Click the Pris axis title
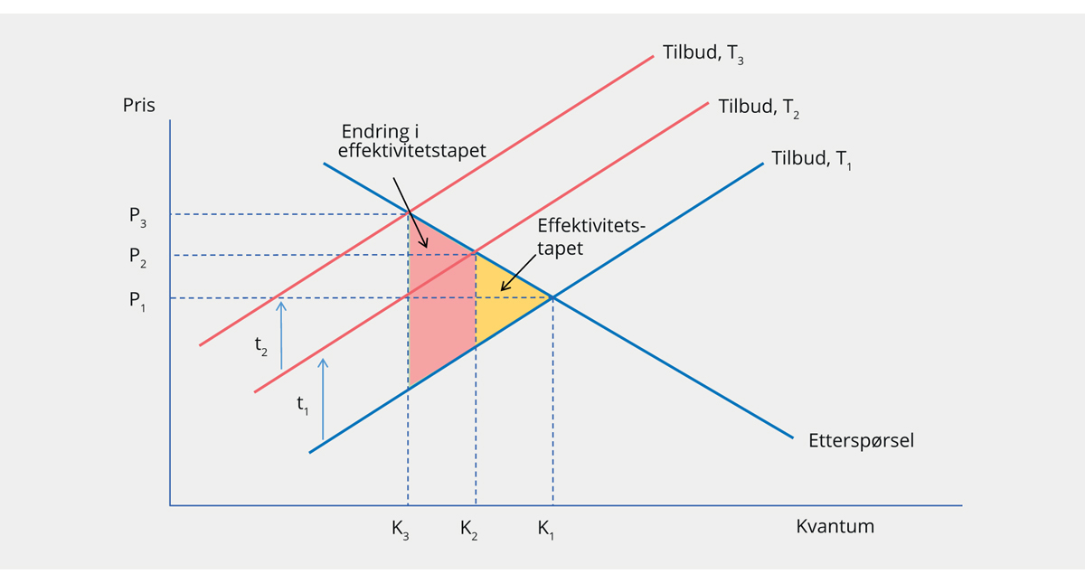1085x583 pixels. point(139,105)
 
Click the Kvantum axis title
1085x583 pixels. point(835,526)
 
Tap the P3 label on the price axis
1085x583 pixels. point(137,216)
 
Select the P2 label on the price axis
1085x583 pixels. point(137,257)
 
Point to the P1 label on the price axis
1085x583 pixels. point(137,299)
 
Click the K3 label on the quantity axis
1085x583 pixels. point(401,530)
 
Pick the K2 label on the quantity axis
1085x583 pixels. point(468,530)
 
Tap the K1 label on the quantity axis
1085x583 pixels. point(545,530)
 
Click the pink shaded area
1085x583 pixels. point(441,307)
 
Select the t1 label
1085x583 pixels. point(303,405)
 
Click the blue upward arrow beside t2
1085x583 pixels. point(281,334)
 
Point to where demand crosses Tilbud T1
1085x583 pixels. point(552,297)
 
